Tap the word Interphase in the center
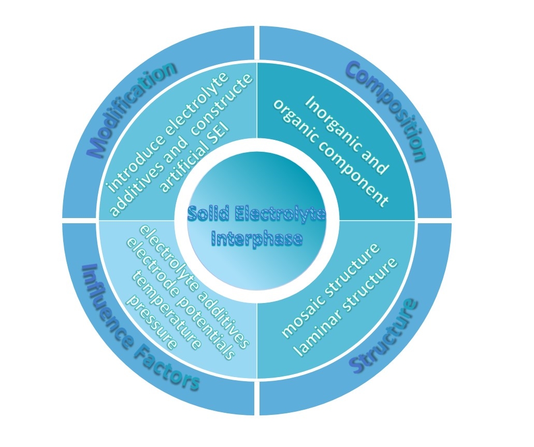[x=257, y=239]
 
